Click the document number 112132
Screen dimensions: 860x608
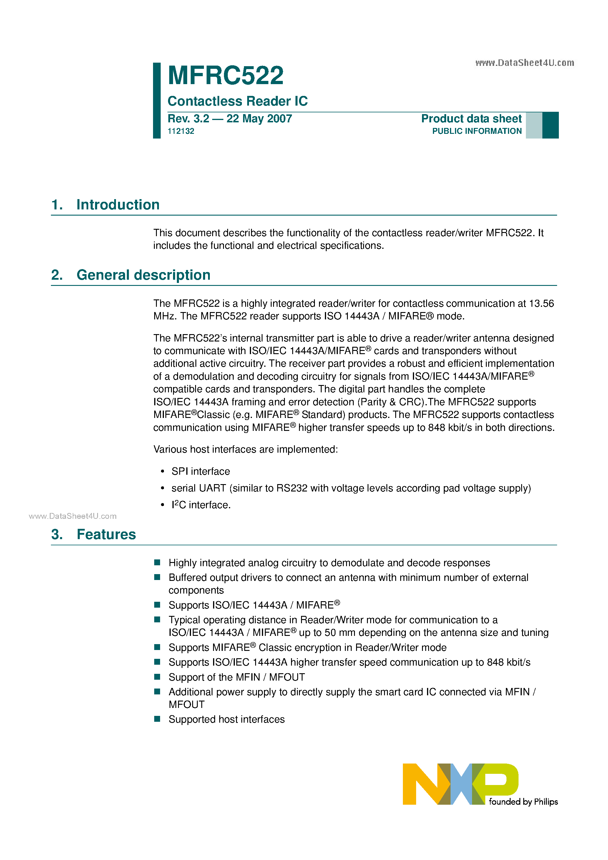tap(181, 131)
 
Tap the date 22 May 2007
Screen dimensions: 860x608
tap(259, 119)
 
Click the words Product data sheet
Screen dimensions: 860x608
tap(471, 119)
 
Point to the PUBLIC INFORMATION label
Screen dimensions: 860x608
tap(476, 131)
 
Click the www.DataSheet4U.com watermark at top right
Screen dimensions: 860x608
tap(524, 63)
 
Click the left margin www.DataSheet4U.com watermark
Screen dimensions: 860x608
tap(72, 516)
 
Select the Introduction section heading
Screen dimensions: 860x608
tap(118, 205)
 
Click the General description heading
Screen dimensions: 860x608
tap(143, 275)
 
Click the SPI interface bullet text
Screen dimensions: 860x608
tap(200, 471)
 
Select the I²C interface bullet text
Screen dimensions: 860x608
tap(201, 505)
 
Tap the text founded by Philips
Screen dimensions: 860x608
tap(523, 802)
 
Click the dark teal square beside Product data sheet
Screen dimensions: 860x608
tap(550, 125)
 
